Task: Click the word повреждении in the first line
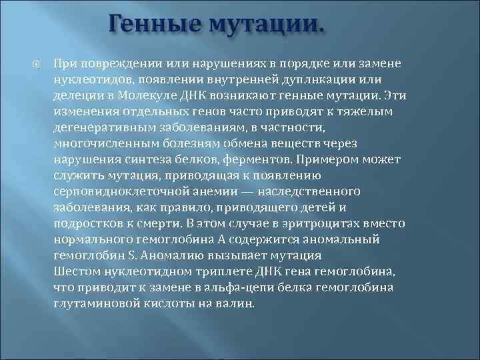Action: (112, 63)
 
